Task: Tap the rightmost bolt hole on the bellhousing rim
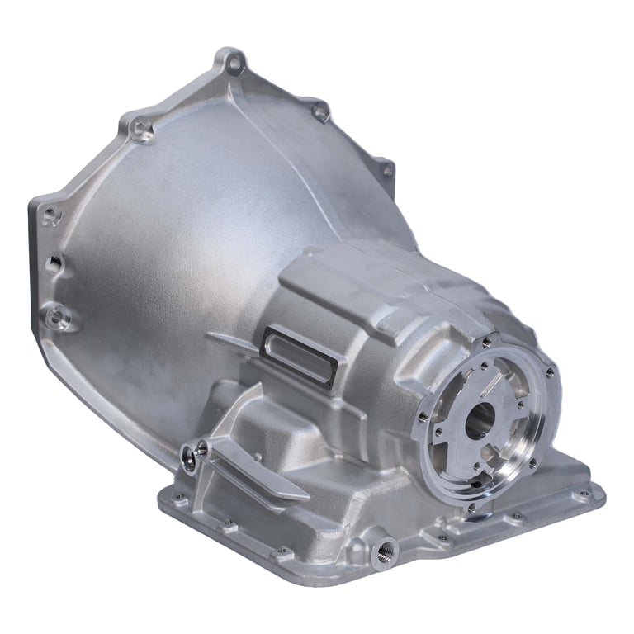pyautogui.click(x=386, y=171)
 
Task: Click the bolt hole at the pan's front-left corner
pyautogui.click(x=174, y=499)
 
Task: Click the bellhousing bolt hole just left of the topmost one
pyautogui.click(x=142, y=128)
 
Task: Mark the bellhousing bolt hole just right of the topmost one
pyautogui.click(x=320, y=111)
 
